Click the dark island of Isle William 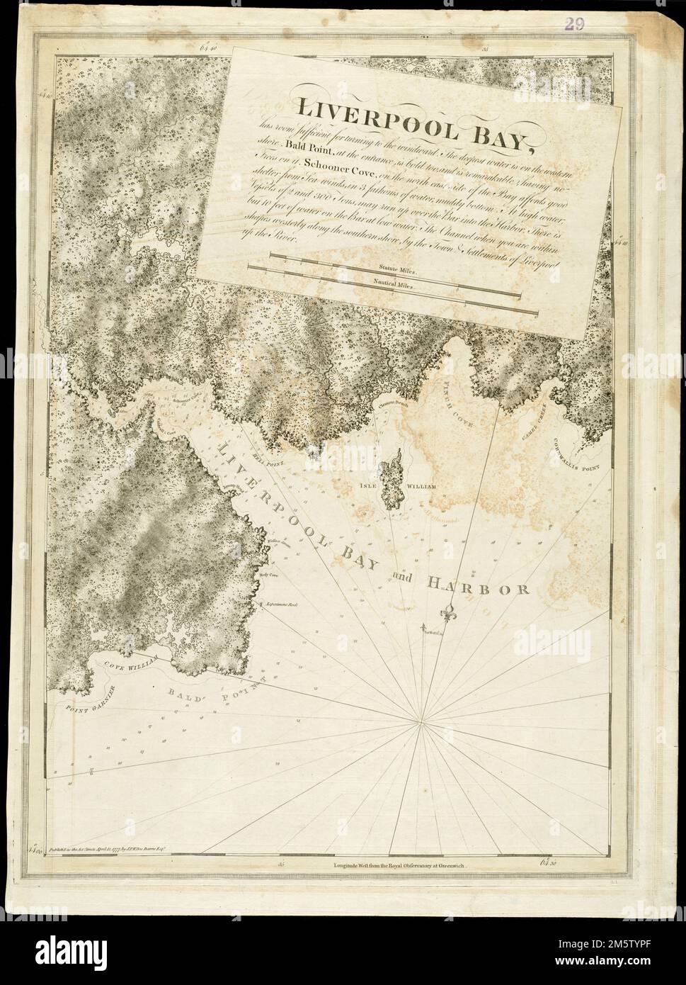point(391,481)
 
